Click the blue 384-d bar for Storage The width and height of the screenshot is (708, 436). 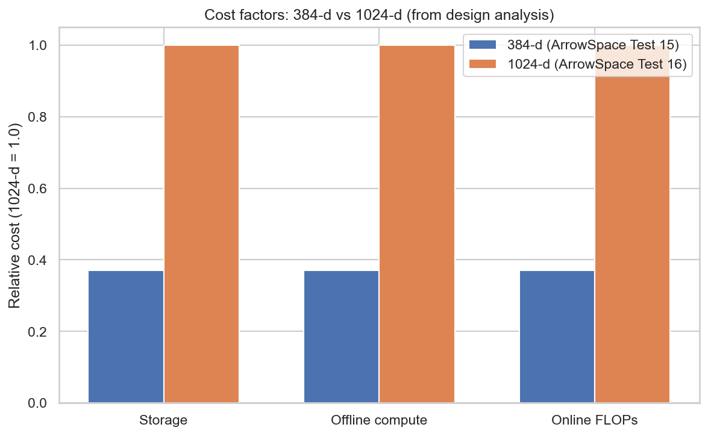126,337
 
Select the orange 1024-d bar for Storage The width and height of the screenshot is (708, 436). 201,224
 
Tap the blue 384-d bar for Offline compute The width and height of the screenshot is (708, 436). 342,337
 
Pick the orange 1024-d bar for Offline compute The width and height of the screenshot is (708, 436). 417,224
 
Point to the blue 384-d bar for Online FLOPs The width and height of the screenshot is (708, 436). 557,337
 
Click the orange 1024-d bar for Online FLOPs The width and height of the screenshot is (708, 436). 632,241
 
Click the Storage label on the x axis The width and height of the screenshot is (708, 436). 163,420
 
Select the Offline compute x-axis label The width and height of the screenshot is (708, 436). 379,420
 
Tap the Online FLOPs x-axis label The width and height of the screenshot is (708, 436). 595,420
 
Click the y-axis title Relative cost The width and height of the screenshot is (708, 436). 15,215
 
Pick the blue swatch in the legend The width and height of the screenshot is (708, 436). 482,45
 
